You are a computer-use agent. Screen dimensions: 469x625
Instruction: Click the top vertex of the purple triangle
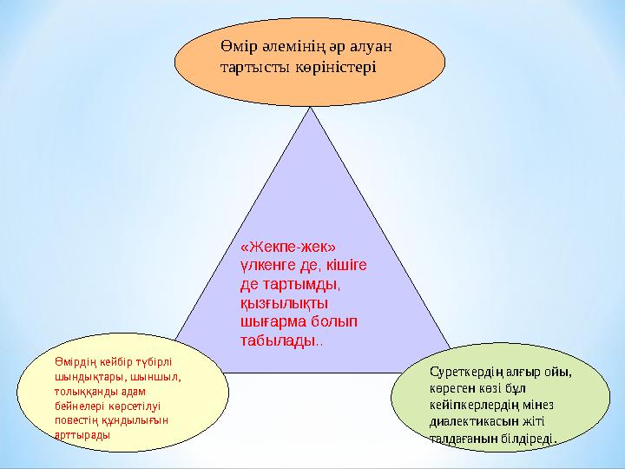(x=310, y=108)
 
